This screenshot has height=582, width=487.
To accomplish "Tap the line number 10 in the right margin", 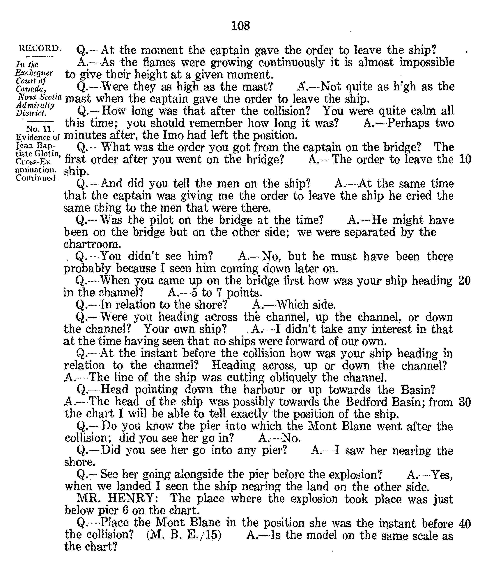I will (x=465, y=160).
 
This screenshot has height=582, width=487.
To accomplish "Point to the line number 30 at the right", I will (x=465, y=402).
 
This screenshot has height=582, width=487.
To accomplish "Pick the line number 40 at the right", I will (x=465, y=524).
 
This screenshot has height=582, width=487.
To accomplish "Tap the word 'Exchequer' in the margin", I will (x=34, y=73).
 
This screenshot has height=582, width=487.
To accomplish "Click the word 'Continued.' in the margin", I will (x=37, y=178).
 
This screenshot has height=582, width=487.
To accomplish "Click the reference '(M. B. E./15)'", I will (x=184, y=535).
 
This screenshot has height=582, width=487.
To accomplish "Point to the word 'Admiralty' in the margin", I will (x=35, y=105).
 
